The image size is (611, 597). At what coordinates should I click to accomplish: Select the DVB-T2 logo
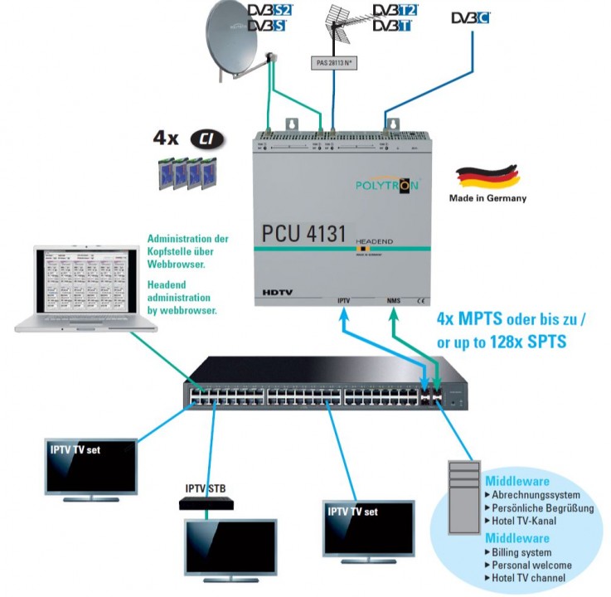pyautogui.click(x=395, y=9)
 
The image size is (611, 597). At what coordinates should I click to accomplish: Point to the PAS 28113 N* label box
pyautogui.click(x=334, y=62)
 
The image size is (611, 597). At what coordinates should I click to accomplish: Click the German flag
pyautogui.click(x=488, y=176)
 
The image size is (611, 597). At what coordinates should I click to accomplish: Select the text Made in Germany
pyautogui.click(x=487, y=198)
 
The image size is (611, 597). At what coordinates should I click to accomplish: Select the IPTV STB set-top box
pyautogui.click(x=206, y=502)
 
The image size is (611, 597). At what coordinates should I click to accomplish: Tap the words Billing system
pyautogui.click(x=522, y=552)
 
